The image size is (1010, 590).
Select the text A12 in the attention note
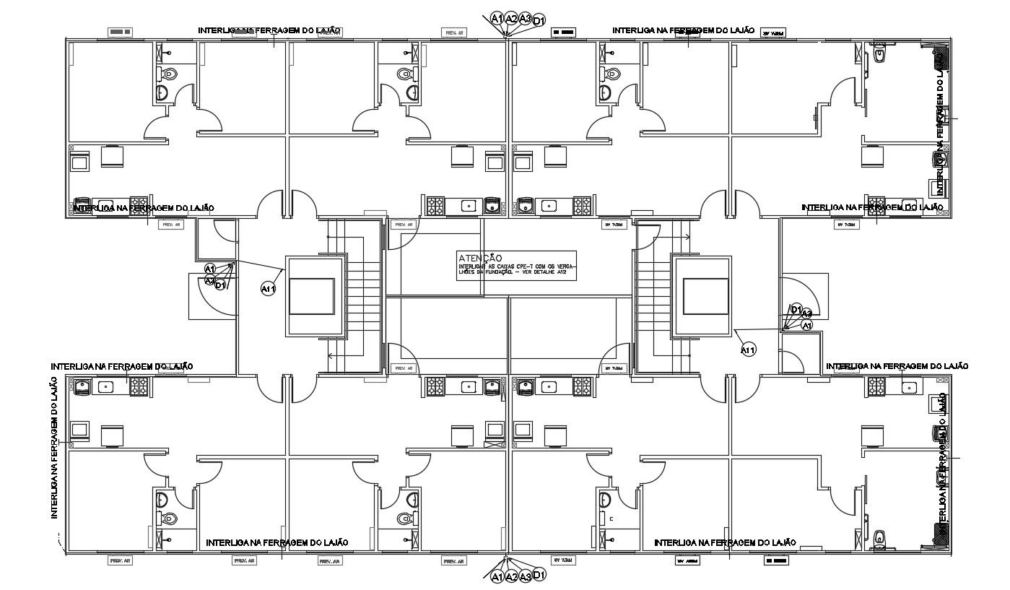[566, 272]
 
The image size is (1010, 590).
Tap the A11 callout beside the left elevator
[268, 289]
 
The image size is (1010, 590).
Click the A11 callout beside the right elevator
[748, 350]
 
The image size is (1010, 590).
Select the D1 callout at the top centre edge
[539, 20]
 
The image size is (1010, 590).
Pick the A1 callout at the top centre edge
[497, 18]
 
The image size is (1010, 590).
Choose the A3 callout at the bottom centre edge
[525, 576]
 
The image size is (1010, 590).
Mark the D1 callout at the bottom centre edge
[539, 574]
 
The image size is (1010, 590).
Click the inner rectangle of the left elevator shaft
[311, 296]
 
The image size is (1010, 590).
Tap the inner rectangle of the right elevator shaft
[705, 296]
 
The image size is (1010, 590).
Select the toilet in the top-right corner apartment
[879, 53]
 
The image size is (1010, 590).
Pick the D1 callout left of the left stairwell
[221, 285]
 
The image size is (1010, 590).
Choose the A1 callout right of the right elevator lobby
[808, 326]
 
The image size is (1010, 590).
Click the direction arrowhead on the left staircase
[329, 355]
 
